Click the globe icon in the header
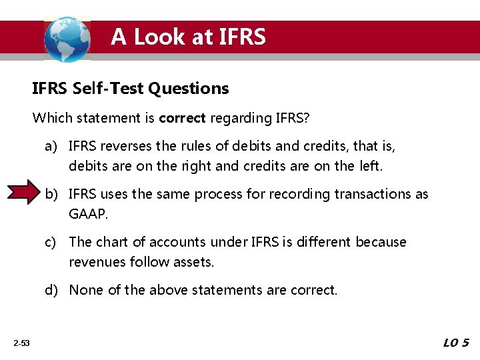[67, 39]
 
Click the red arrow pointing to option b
[27, 193]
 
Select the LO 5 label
[456, 343]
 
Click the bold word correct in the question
[183, 119]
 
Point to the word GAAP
[87, 213]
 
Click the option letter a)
[53, 145]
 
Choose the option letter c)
[53, 242]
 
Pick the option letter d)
[53, 290]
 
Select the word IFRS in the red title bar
[241, 37]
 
